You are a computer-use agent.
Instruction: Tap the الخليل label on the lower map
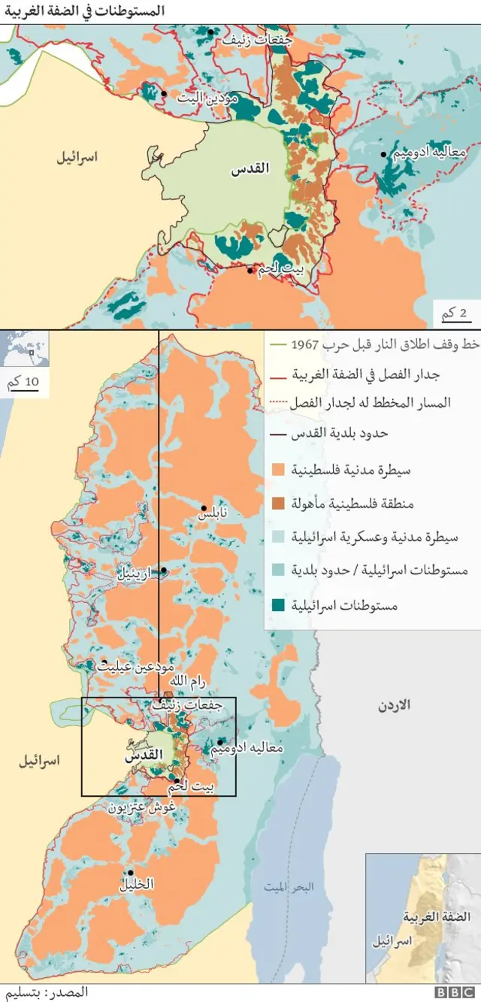point(136,885)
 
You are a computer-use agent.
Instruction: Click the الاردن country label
point(394,706)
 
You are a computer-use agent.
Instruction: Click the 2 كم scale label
point(454,314)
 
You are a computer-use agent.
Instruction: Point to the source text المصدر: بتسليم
point(57,992)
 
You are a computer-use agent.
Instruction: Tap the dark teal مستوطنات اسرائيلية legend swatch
point(277,605)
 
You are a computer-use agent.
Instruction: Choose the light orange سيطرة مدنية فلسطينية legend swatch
point(277,470)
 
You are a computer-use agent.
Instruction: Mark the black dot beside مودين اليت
point(164,94)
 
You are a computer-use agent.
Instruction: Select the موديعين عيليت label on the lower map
point(137,666)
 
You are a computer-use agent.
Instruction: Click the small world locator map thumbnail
point(25,349)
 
